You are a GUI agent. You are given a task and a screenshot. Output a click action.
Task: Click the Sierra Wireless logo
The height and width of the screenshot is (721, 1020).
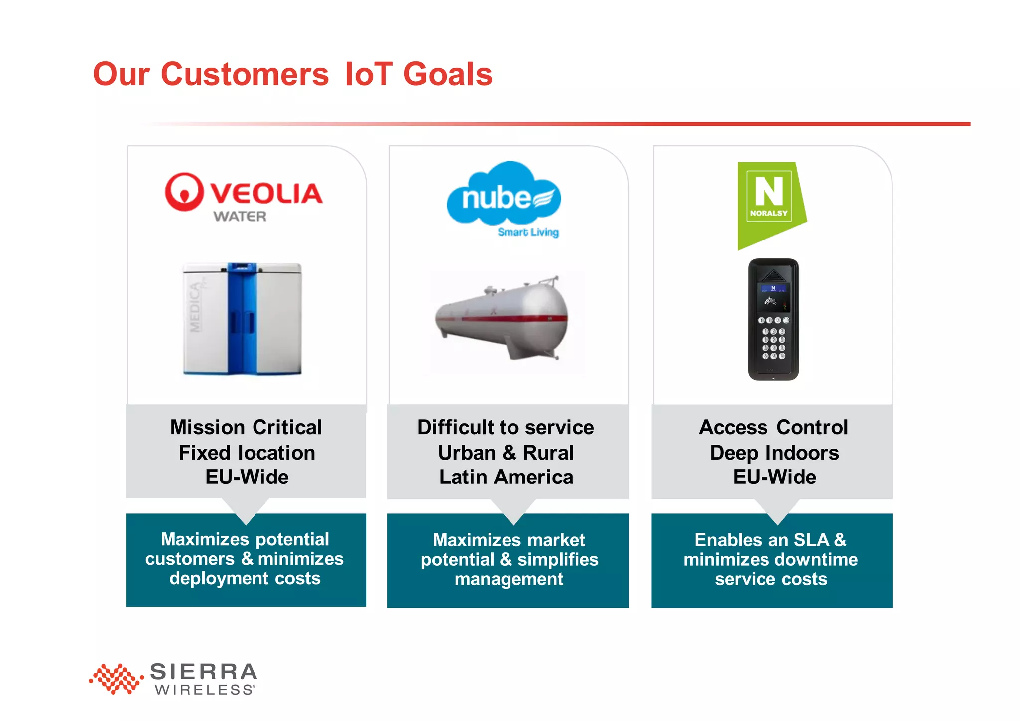pos(173,678)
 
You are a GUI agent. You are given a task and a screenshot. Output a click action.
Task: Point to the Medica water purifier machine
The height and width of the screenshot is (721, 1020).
pos(242,319)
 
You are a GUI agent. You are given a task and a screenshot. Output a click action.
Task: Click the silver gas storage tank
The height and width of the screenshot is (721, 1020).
pos(502,319)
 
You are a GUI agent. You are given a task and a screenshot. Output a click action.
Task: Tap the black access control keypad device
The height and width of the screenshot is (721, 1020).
pos(773,320)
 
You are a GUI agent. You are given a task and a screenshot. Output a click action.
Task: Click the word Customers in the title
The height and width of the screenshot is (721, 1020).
pos(245,74)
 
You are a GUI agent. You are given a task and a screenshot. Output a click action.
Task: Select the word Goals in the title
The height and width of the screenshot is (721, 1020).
pos(447,74)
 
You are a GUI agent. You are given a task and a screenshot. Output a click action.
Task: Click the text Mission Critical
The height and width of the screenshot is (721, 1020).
pos(246,427)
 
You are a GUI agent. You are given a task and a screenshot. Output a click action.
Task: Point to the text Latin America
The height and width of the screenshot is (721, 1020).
pos(506,477)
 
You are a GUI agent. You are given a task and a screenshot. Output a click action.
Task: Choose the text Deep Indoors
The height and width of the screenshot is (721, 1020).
pos(774,453)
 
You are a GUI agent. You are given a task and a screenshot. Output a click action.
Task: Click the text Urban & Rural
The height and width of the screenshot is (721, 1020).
pos(506,453)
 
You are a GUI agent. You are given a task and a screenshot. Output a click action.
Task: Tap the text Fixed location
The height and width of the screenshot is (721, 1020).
pos(247,453)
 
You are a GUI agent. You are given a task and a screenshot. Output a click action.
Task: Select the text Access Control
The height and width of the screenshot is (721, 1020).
pos(773,427)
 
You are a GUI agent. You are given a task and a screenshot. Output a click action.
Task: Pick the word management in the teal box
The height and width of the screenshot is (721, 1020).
pos(509,579)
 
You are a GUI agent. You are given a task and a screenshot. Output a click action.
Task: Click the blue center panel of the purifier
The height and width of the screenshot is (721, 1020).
pos(242,319)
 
